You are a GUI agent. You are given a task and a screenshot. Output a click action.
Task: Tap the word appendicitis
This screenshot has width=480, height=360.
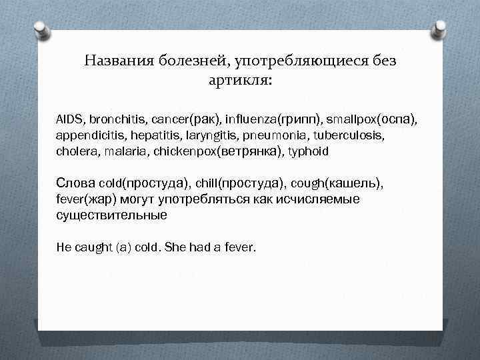(x=85, y=135)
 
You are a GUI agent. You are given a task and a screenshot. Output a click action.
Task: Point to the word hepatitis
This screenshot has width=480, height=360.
(x=142, y=135)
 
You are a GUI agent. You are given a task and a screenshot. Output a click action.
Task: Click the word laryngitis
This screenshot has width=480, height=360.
(x=194, y=135)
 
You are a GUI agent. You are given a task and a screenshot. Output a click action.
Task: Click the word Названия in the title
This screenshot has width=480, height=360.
(x=121, y=61)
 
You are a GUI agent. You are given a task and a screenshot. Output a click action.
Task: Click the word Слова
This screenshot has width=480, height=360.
(x=75, y=183)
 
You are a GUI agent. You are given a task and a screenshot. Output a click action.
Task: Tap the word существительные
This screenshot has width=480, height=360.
(x=111, y=215)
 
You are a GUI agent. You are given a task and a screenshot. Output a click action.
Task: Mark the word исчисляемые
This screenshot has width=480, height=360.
(x=319, y=199)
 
